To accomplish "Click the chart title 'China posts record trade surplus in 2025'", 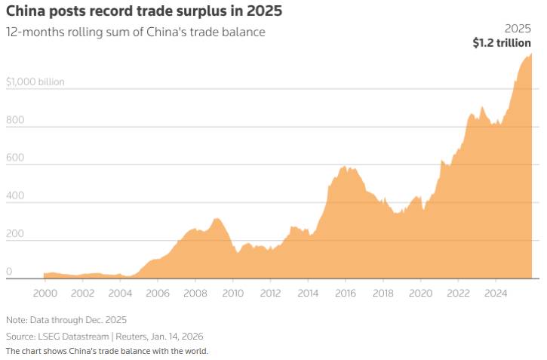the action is (x=144, y=11).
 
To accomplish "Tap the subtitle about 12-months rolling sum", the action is (x=136, y=32).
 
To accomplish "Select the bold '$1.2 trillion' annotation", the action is (x=502, y=43).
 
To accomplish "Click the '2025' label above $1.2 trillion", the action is (x=518, y=29).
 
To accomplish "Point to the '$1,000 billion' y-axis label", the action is (x=35, y=82).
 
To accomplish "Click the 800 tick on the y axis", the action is (x=15, y=120).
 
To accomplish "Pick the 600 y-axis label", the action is (x=15, y=158).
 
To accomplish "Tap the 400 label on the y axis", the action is (x=15, y=195).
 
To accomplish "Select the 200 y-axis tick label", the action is (x=15, y=233).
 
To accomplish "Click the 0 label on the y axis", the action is (x=9, y=272).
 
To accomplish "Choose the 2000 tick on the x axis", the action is (x=45, y=293).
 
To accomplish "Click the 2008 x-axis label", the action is (x=195, y=293).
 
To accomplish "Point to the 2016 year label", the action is (x=346, y=293).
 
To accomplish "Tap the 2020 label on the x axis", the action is (x=421, y=293).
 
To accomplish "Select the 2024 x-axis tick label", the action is (x=496, y=293).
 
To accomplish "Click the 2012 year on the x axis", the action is (x=270, y=293).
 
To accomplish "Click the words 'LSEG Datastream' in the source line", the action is (x=73, y=337).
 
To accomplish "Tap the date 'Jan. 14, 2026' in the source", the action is (x=177, y=337).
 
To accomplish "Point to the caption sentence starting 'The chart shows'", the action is (x=107, y=351).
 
